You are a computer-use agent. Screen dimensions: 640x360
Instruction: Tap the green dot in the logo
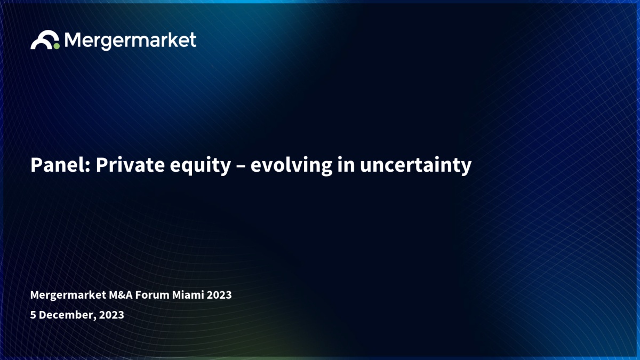[x=57, y=46]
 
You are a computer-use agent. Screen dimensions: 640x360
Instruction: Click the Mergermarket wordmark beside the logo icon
[x=130, y=41]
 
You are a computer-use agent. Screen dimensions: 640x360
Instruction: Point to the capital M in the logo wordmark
[x=71, y=39]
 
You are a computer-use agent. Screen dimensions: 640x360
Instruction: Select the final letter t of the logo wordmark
[x=193, y=40]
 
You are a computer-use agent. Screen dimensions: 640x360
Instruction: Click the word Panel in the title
[x=60, y=165]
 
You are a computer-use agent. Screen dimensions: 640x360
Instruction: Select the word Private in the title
[x=130, y=165]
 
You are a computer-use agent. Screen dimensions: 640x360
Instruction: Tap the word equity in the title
[x=201, y=166]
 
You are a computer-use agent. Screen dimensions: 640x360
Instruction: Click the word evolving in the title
[x=291, y=166]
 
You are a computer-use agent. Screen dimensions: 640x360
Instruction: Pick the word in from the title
[x=346, y=165]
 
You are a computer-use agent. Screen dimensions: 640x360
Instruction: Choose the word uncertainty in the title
[x=415, y=166]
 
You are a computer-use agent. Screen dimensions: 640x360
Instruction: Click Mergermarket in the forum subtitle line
[x=68, y=295]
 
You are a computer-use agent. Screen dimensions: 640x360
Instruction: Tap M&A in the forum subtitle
[x=121, y=295]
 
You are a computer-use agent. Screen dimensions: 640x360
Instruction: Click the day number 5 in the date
[x=33, y=315]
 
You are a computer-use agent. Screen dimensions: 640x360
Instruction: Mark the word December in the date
[x=66, y=315]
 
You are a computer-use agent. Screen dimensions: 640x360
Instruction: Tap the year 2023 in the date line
[x=111, y=315]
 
